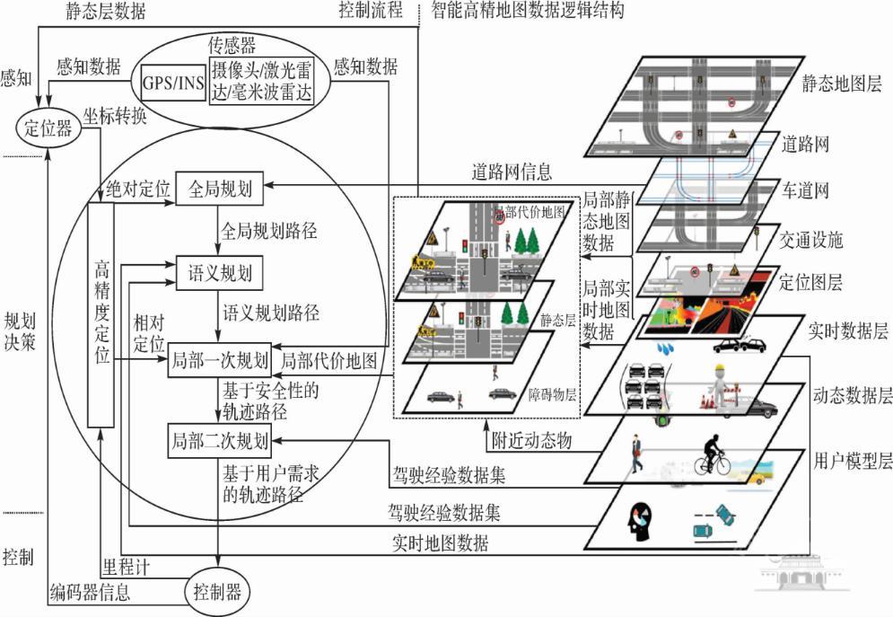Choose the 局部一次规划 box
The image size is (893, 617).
click(x=220, y=361)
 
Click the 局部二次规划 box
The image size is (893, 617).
click(x=220, y=441)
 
